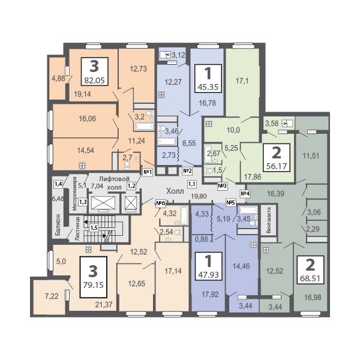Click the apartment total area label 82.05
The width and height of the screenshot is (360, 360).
coord(94,79)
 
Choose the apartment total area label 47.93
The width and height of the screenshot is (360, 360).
coord(208,277)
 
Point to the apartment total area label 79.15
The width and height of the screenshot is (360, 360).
coord(94,285)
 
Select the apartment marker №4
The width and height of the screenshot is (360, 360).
coord(245,193)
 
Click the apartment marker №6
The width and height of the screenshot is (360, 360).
coord(160,203)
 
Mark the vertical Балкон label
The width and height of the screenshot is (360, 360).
coord(58,225)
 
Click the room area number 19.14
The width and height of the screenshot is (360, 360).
coord(82,94)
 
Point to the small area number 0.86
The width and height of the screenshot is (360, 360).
coord(202,239)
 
